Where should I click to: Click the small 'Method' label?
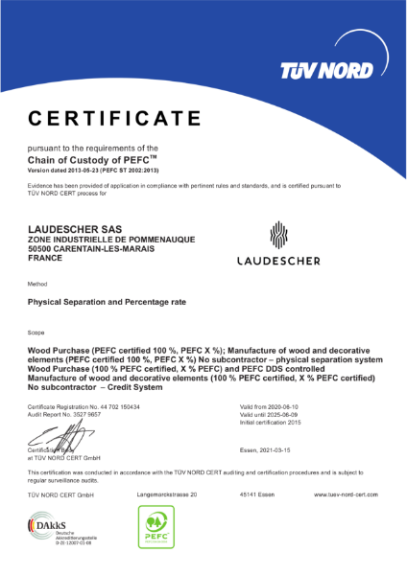click(x=37, y=285)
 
